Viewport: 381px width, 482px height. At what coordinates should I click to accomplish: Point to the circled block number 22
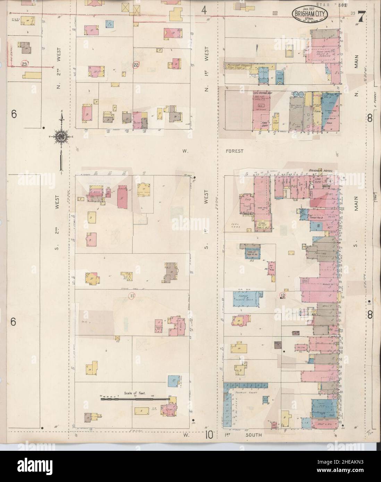tap(136, 65)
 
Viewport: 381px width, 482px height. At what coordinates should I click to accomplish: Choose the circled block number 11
tap(132, 296)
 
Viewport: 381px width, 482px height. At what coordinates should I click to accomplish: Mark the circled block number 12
tap(282, 295)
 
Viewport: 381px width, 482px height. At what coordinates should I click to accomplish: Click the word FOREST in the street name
tap(234, 151)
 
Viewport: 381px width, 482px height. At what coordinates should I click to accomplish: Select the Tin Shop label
tap(277, 122)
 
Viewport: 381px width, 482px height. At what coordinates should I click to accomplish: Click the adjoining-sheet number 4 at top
tap(204, 11)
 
